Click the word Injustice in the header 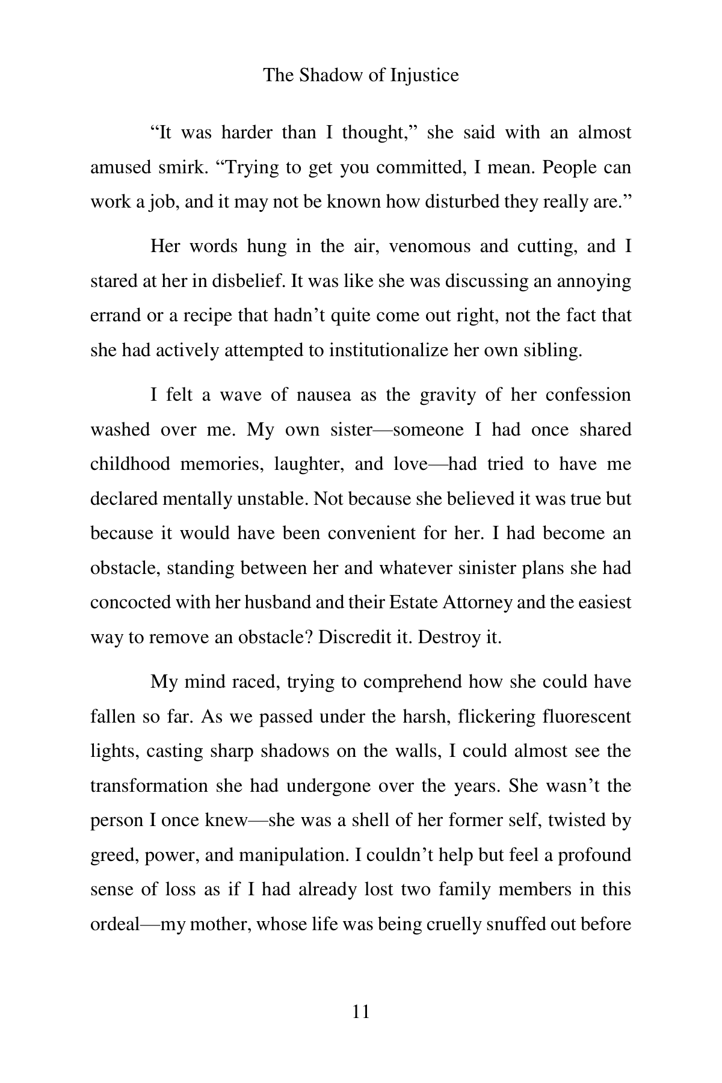pyautogui.click(x=424, y=75)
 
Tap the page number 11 pyautogui.click(x=360, y=1011)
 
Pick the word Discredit pyautogui.click(x=354, y=637)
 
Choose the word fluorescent pyautogui.click(x=587, y=717)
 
